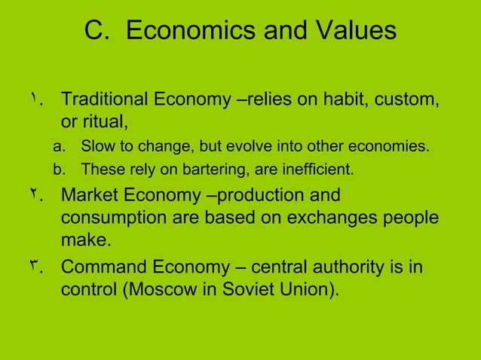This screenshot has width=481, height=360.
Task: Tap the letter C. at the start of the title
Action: (x=97, y=32)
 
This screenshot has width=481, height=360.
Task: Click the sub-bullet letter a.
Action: (x=65, y=146)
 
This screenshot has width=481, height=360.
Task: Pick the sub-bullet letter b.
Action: (x=65, y=169)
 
